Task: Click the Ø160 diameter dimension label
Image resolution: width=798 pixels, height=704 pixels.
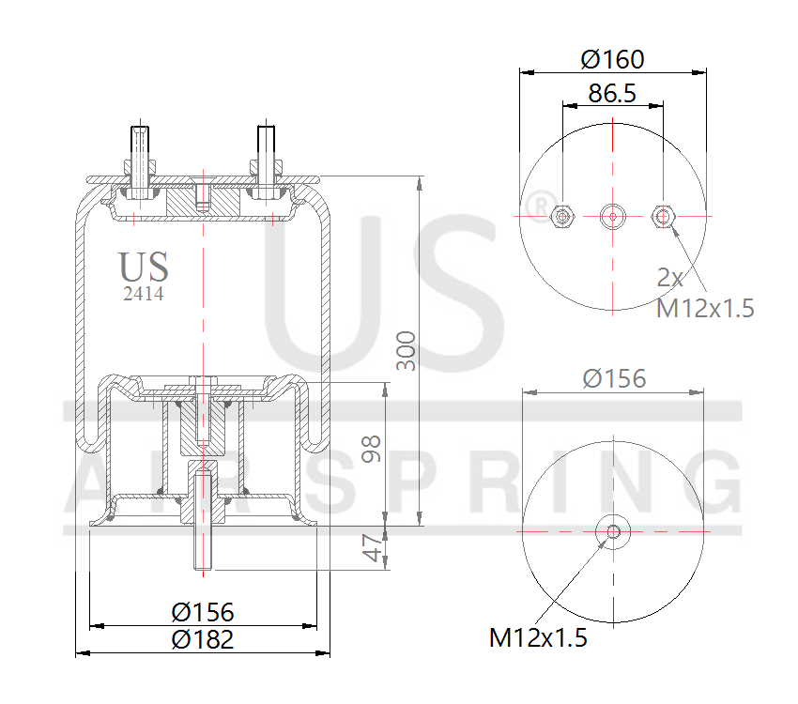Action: tap(612, 59)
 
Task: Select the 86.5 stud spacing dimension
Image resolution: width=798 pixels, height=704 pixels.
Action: tap(612, 93)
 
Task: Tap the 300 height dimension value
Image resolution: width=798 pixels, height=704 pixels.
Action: tap(406, 350)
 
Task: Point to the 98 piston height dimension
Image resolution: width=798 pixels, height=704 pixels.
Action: tap(373, 450)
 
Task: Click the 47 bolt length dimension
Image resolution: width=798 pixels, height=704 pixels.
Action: tap(373, 548)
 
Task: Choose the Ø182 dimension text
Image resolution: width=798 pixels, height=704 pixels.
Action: tap(202, 640)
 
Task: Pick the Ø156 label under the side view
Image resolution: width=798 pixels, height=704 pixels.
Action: tap(202, 612)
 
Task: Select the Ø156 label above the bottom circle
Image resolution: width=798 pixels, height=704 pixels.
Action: tap(614, 378)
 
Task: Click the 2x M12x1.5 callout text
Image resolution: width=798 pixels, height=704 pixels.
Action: tap(704, 292)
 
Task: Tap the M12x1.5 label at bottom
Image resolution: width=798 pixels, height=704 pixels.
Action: tap(537, 638)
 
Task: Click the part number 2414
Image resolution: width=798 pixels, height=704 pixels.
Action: tap(144, 294)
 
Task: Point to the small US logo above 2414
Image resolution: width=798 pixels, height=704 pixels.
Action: tap(144, 267)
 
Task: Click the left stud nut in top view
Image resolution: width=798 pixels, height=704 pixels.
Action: tap(561, 216)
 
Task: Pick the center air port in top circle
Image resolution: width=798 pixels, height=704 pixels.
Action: tap(612, 216)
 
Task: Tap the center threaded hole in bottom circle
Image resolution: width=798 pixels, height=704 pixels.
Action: tap(613, 532)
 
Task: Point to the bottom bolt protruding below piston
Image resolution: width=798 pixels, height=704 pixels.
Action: tap(203, 549)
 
